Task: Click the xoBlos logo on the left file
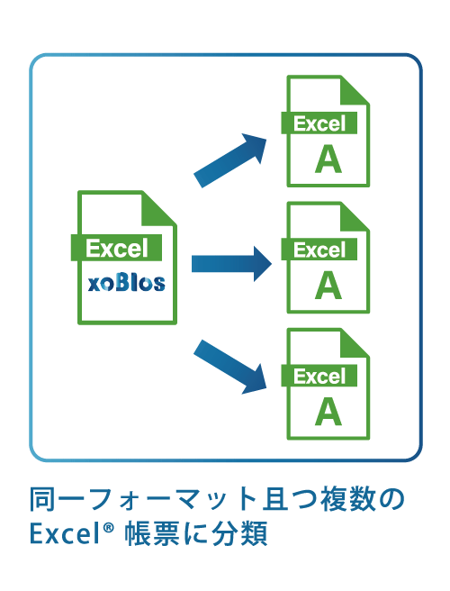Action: (x=127, y=284)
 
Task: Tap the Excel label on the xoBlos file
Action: (x=117, y=248)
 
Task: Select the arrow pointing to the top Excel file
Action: (x=230, y=160)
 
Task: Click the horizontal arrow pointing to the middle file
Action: (x=231, y=264)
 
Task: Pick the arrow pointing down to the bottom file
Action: (x=230, y=367)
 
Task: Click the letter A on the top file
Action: (x=328, y=159)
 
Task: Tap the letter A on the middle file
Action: (x=328, y=286)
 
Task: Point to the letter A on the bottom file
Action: (x=328, y=413)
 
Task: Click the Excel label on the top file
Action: (x=319, y=123)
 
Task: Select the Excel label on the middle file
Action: (x=319, y=250)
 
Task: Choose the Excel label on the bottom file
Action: (x=319, y=376)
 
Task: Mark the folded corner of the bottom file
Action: (x=353, y=344)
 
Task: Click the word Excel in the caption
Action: (x=65, y=533)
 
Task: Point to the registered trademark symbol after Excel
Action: (x=108, y=527)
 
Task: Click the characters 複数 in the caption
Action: (x=348, y=499)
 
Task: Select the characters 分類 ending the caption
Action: (x=240, y=533)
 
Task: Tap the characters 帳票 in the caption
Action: (x=152, y=533)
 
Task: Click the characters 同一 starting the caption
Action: (x=58, y=499)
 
